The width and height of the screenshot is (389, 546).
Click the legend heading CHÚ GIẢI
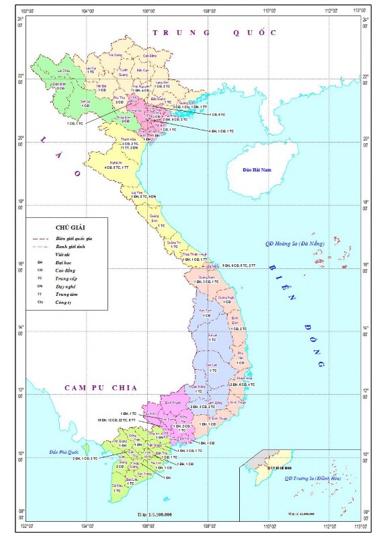pos(65,228)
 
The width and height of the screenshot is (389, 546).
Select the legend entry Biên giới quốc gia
pos(73,239)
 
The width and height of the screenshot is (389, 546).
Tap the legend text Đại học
pos(64,260)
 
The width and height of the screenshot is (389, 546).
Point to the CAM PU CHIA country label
pos(101,388)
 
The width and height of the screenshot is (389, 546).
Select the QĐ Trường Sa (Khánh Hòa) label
pos(313,478)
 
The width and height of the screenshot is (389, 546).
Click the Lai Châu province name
pos(64,70)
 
